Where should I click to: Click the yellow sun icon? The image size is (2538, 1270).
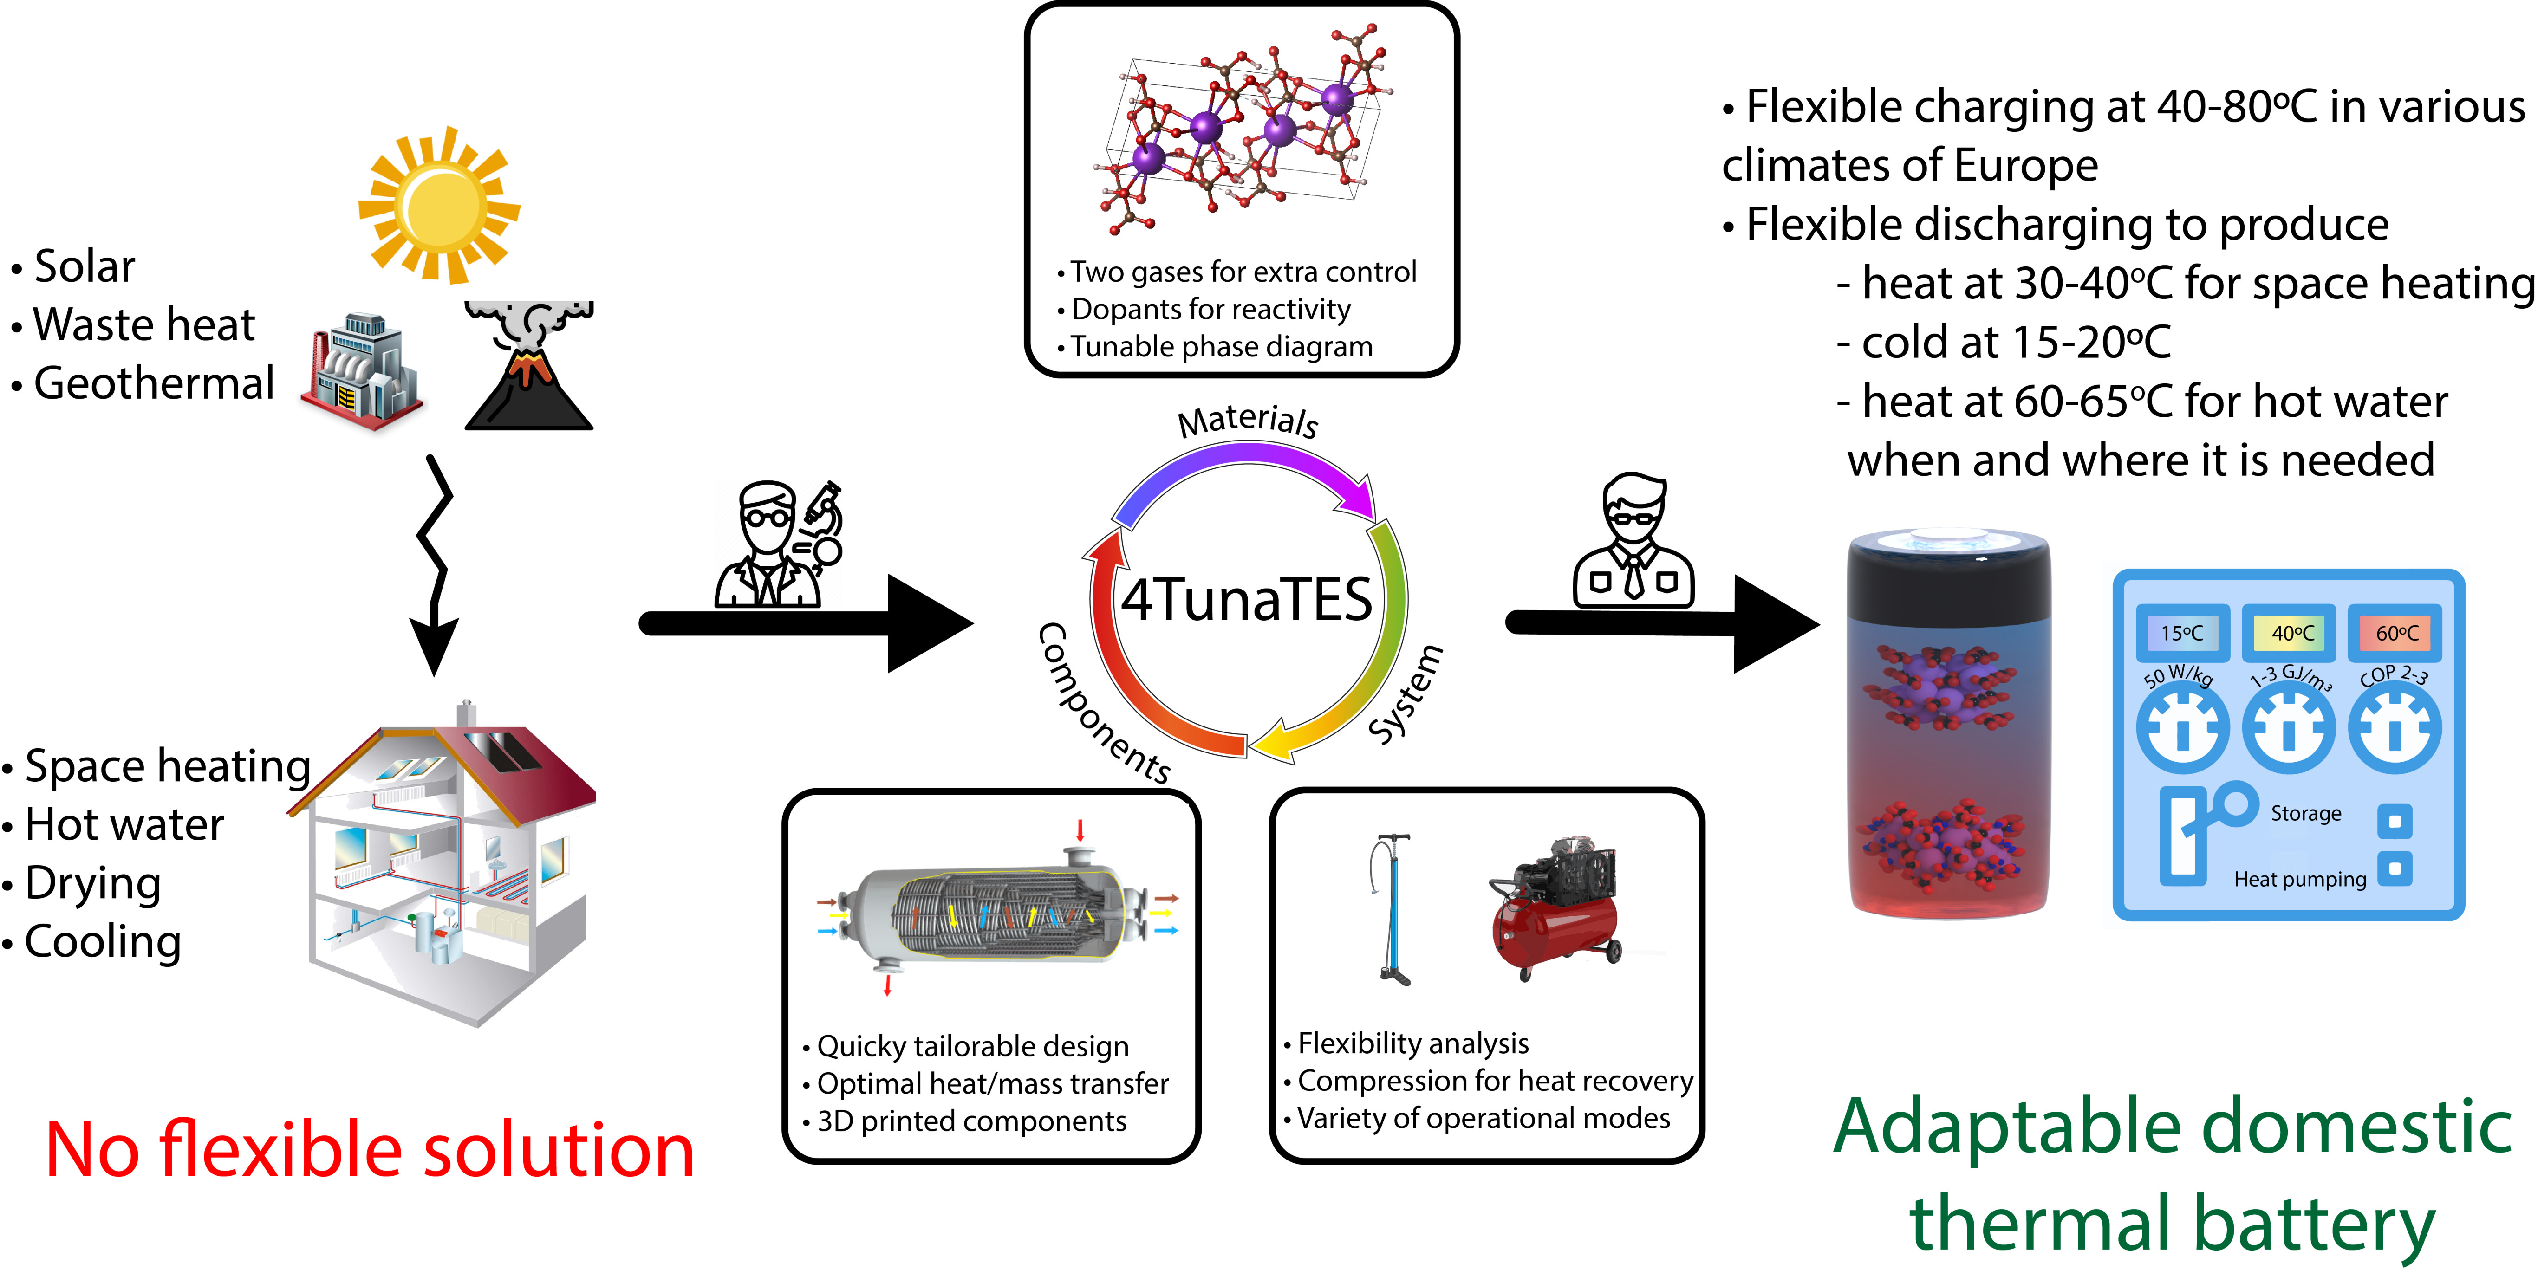click(x=439, y=205)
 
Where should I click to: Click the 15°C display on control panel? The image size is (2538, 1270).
click(x=2182, y=633)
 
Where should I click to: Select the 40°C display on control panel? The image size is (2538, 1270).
click(x=2290, y=633)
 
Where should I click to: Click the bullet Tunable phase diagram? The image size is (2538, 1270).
click(x=1222, y=347)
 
